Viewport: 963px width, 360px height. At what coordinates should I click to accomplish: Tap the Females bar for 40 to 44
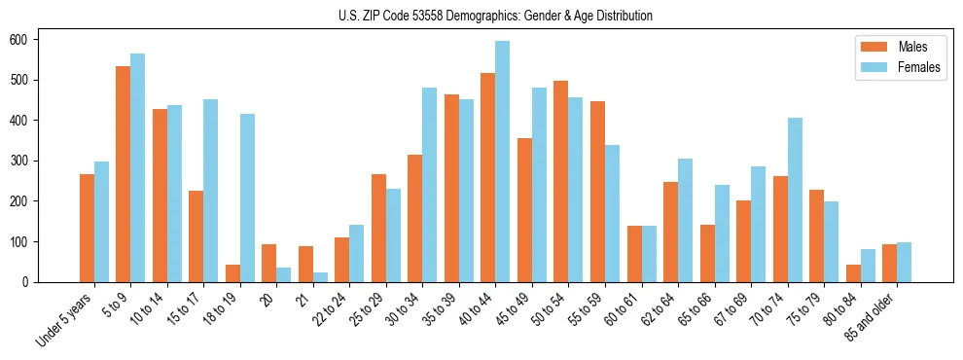[x=502, y=162]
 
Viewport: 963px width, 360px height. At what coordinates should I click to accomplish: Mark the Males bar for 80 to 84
[x=853, y=273]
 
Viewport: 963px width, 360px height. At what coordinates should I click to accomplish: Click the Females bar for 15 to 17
[x=210, y=191]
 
